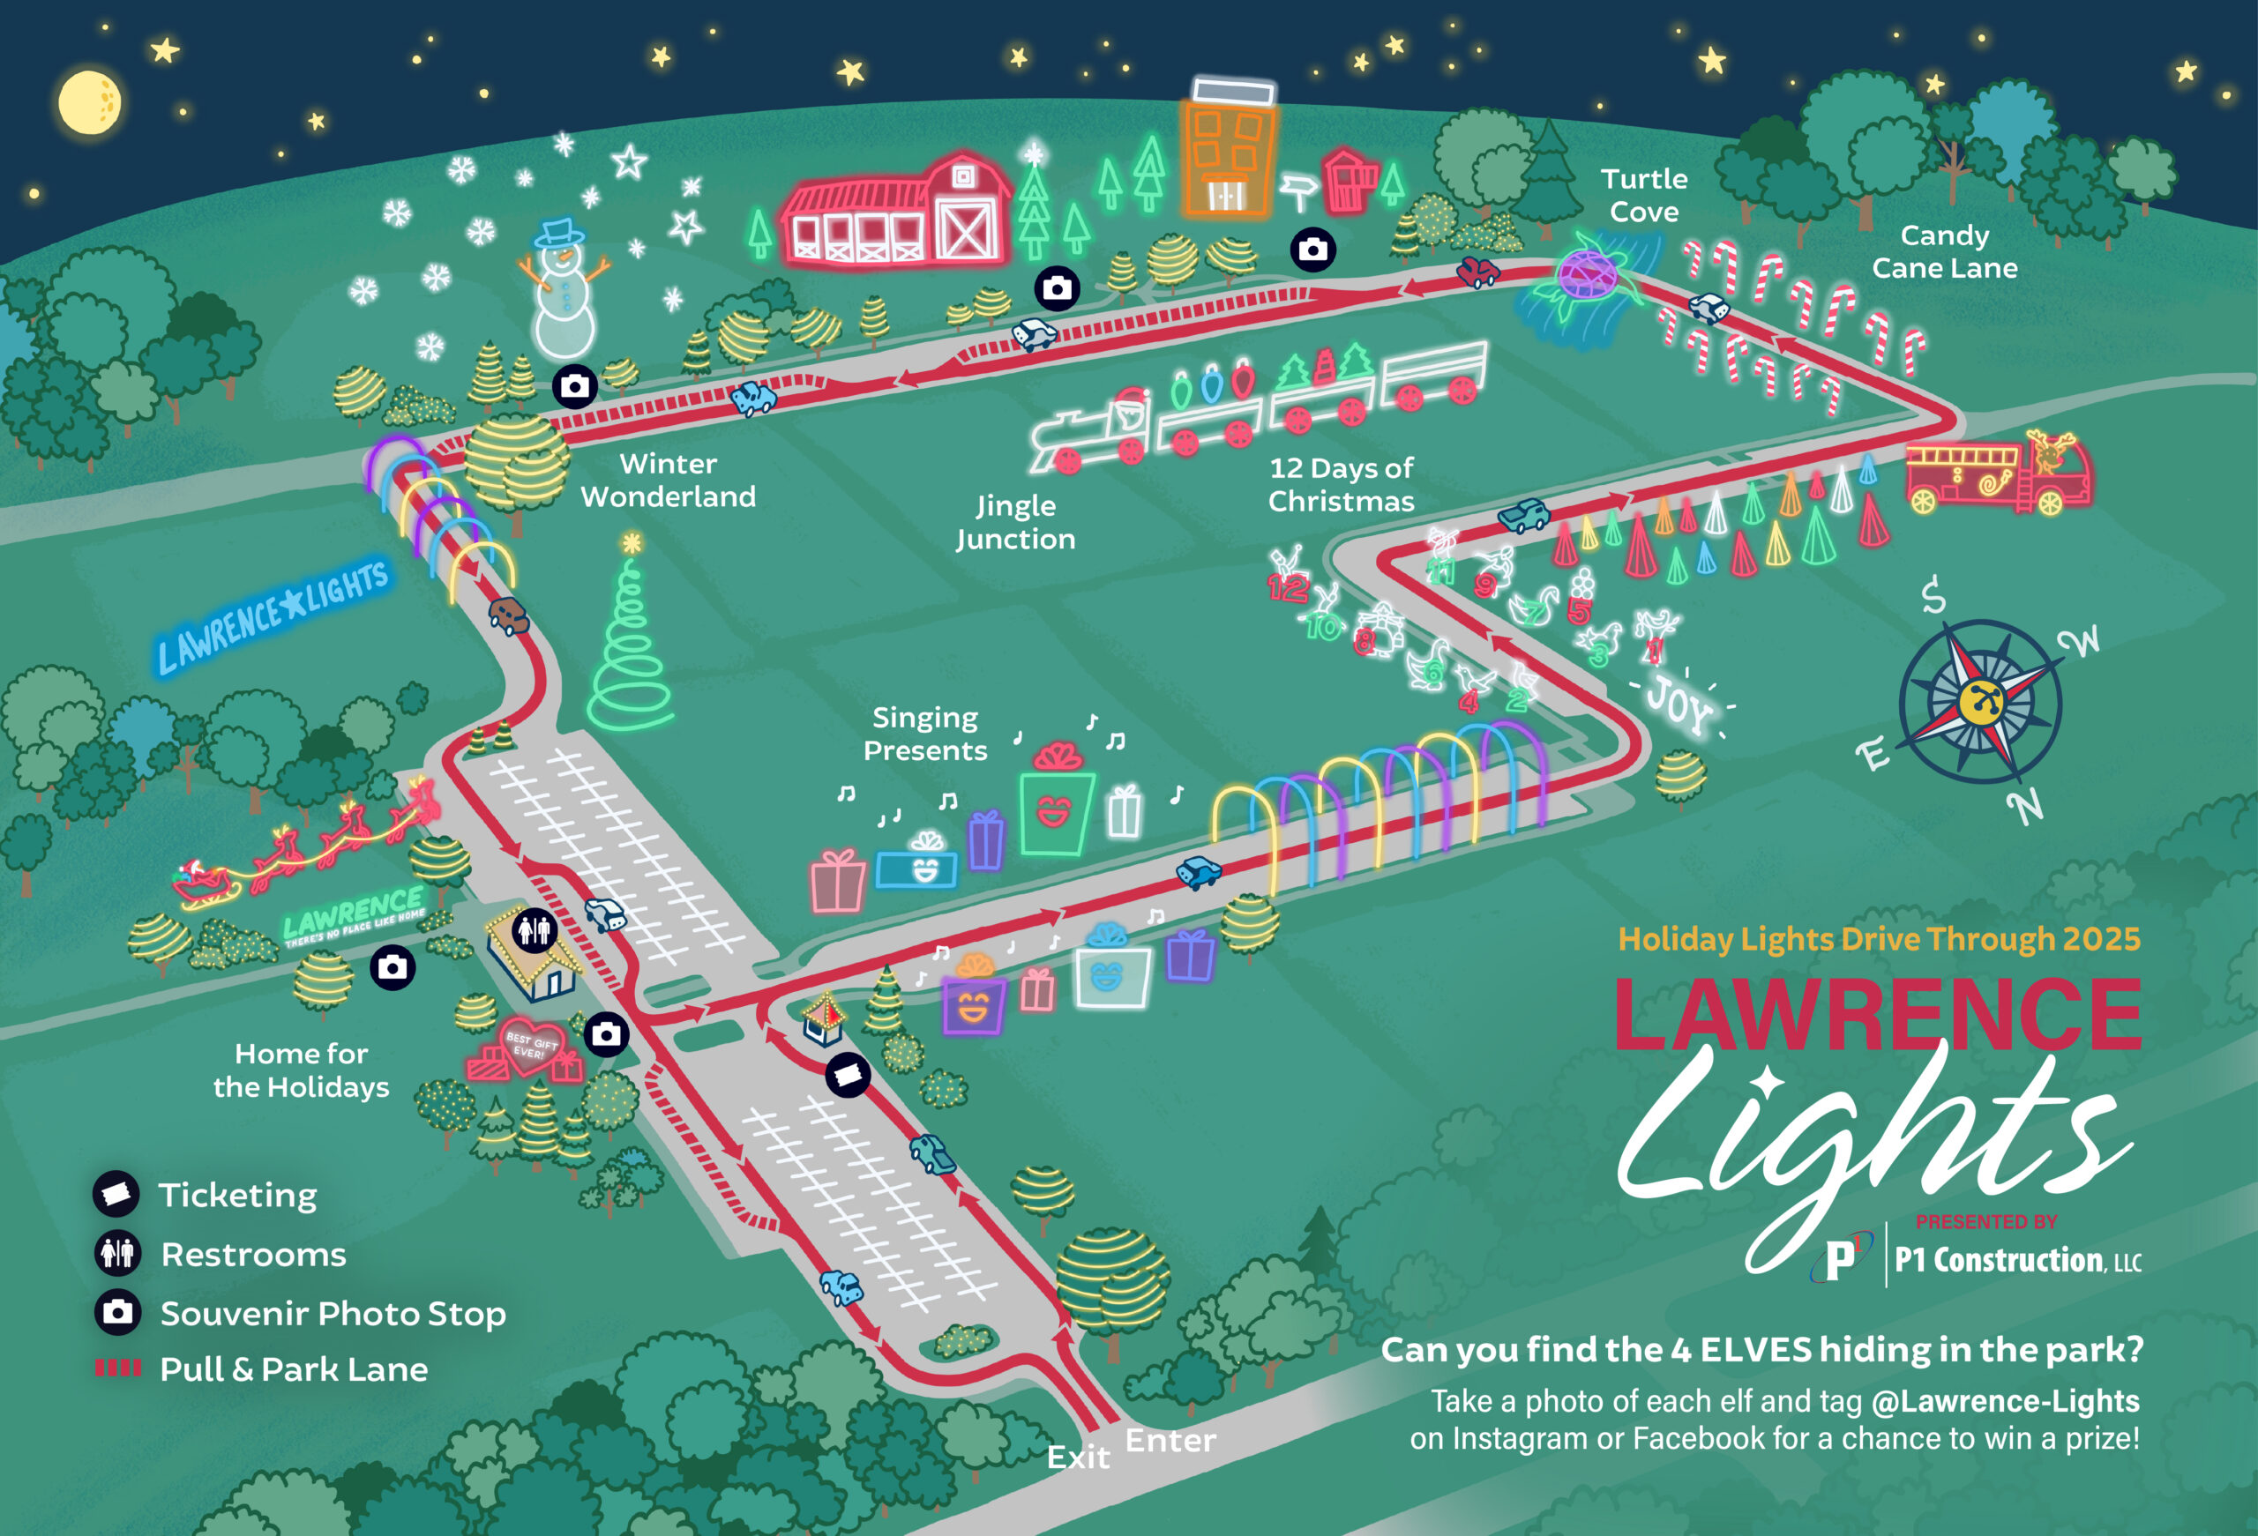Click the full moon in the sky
click(x=89, y=102)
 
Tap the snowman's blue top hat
click(x=559, y=232)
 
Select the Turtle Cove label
click(x=1644, y=195)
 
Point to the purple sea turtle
click(x=1587, y=273)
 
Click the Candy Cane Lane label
click(x=1944, y=251)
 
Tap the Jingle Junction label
click(x=1015, y=522)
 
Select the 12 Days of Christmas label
click(x=1341, y=484)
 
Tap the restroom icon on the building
click(x=534, y=929)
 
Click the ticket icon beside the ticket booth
click(x=848, y=1075)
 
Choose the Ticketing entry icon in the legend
click(x=116, y=1193)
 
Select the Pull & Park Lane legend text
click(x=294, y=1368)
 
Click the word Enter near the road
click(x=1170, y=1440)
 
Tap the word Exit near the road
click(x=1078, y=1457)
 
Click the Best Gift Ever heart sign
click(x=529, y=1044)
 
